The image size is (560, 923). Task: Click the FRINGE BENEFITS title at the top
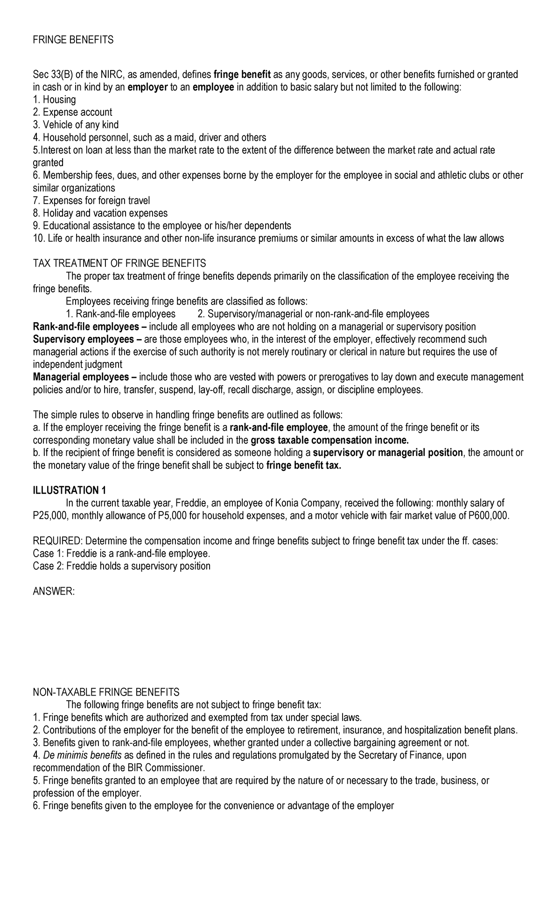point(73,40)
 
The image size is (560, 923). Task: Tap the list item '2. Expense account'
point(72,112)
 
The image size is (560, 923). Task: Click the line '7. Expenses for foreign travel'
point(91,200)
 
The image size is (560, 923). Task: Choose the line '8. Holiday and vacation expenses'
point(100,213)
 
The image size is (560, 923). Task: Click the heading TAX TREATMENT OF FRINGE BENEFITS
point(119,263)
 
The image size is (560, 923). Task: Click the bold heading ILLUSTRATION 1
point(70,490)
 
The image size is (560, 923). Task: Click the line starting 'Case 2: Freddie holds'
point(121,566)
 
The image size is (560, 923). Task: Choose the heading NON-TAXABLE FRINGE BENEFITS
point(106,692)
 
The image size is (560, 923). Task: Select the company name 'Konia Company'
point(304,503)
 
